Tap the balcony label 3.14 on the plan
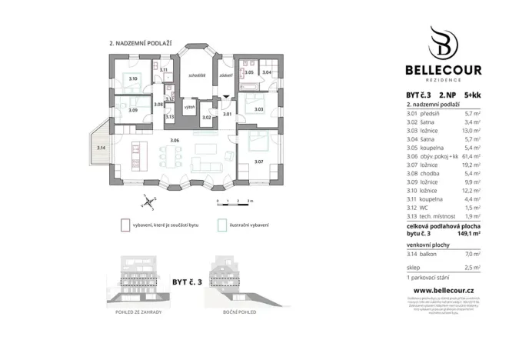(101, 147)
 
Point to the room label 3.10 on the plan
(132, 79)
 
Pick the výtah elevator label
(188, 107)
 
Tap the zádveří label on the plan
(225, 76)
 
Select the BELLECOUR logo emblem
(444, 42)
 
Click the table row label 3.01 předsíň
(424, 112)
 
